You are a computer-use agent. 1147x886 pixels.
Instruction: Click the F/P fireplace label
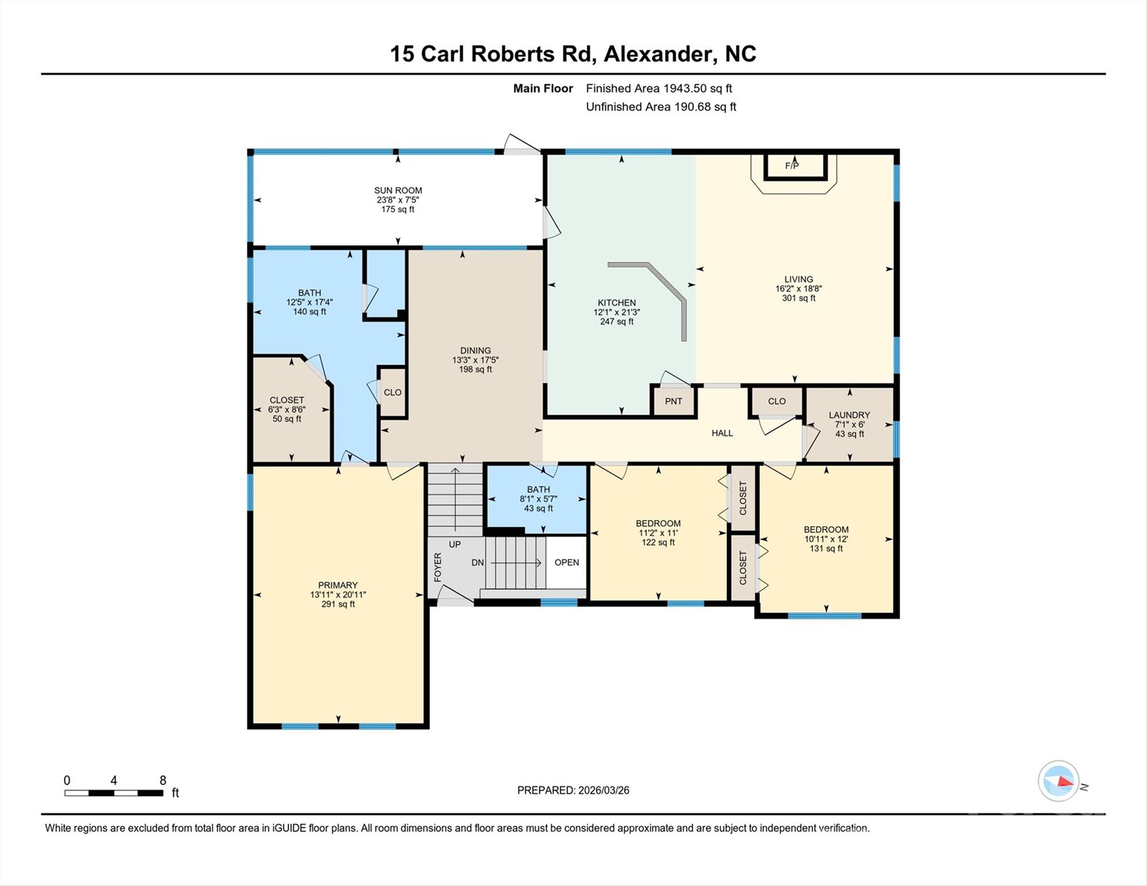(x=792, y=166)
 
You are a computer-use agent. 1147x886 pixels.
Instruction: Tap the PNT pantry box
(x=673, y=401)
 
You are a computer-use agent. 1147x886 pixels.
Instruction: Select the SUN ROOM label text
(x=398, y=190)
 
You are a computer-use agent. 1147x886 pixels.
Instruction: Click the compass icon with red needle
(x=1059, y=781)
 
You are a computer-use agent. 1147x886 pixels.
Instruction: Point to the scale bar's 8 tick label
(x=163, y=780)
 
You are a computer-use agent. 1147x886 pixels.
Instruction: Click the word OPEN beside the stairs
(x=567, y=562)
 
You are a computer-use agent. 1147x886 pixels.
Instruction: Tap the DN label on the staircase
(x=478, y=562)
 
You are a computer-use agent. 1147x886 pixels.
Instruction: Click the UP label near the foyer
(x=455, y=545)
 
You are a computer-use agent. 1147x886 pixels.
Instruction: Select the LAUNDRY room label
(x=849, y=415)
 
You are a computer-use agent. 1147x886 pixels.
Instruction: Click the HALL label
(x=722, y=433)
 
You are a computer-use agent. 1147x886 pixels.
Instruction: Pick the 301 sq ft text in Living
(x=799, y=298)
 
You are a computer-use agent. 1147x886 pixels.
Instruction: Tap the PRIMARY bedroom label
(x=338, y=585)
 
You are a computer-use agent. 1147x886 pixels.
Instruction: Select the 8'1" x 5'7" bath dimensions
(x=538, y=499)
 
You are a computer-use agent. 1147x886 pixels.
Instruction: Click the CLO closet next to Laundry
(x=777, y=401)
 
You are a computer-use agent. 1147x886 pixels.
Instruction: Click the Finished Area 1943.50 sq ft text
(x=659, y=88)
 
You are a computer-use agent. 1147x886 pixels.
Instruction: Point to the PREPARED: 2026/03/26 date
(x=573, y=790)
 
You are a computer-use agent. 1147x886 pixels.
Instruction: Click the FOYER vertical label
(x=438, y=566)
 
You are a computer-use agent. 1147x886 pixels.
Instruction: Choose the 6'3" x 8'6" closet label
(x=287, y=410)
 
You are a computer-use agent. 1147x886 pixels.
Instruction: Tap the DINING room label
(x=475, y=351)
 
